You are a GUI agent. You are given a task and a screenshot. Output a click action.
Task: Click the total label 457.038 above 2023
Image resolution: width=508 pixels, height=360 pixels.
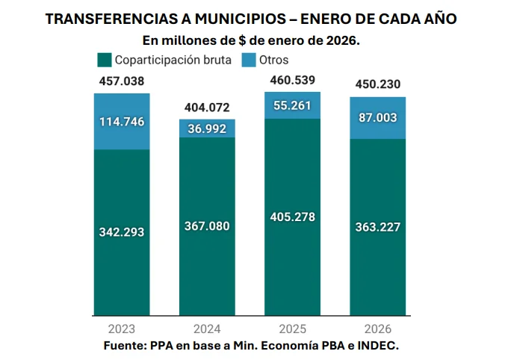pos(122,81)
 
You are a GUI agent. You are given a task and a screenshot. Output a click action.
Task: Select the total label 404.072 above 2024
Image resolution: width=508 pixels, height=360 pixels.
pos(207,108)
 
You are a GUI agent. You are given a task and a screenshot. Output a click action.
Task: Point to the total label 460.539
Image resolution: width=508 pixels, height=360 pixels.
pos(292,80)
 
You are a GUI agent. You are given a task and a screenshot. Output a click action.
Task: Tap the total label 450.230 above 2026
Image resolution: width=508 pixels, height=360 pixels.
pos(377,84)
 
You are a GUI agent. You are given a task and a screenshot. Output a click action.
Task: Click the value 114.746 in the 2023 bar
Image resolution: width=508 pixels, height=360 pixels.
pos(122,122)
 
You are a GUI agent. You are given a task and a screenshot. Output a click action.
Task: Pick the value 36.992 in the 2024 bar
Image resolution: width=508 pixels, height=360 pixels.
pos(207,128)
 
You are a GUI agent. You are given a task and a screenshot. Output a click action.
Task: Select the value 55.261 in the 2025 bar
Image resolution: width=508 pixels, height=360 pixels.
pos(292,105)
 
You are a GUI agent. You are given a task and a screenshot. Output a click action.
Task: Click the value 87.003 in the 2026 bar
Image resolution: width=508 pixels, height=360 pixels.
pos(377,118)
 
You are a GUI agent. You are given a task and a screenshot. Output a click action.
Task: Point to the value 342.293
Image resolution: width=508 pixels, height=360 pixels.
pos(122,232)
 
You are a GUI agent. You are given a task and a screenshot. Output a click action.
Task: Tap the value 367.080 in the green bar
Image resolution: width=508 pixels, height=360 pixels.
pos(207,226)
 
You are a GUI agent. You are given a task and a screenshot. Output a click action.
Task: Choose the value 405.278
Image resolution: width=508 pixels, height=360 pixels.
pos(292,217)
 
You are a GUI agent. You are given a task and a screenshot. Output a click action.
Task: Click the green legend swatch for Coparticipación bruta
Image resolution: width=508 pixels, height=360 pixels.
pos(104,60)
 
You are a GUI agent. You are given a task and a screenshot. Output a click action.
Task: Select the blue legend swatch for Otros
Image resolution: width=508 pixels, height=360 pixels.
pos(249,60)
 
